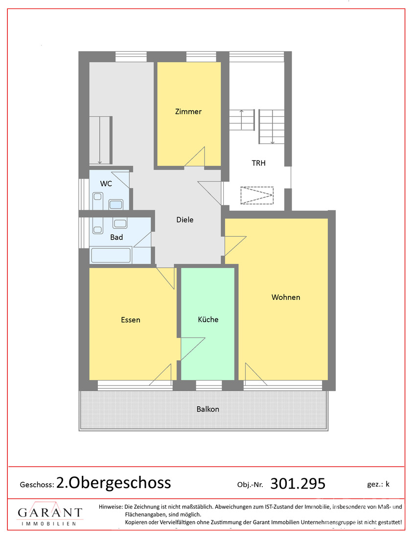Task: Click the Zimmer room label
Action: (x=188, y=112)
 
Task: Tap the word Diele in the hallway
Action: (x=184, y=220)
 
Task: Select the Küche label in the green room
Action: (x=208, y=319)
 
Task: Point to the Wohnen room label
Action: (x=286, y=297)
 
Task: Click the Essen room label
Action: (x=131, y=320)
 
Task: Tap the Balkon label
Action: (x=207, y=409)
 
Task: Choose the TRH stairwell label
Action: (x=258, y=163)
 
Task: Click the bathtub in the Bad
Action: (x=111, y=255)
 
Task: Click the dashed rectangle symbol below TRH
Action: (x=257, y=195)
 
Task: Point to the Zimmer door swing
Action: (x=195, y=157)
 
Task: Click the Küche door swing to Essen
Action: (x=193, y=349)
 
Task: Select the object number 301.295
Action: (x=298, y=484)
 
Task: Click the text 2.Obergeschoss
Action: (x=114, y=483)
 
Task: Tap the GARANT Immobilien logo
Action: (x=50, y=514)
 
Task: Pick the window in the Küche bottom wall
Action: (x=209, y=385)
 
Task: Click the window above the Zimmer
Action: (x=201, y=57)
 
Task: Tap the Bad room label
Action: (x=116, y=237)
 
